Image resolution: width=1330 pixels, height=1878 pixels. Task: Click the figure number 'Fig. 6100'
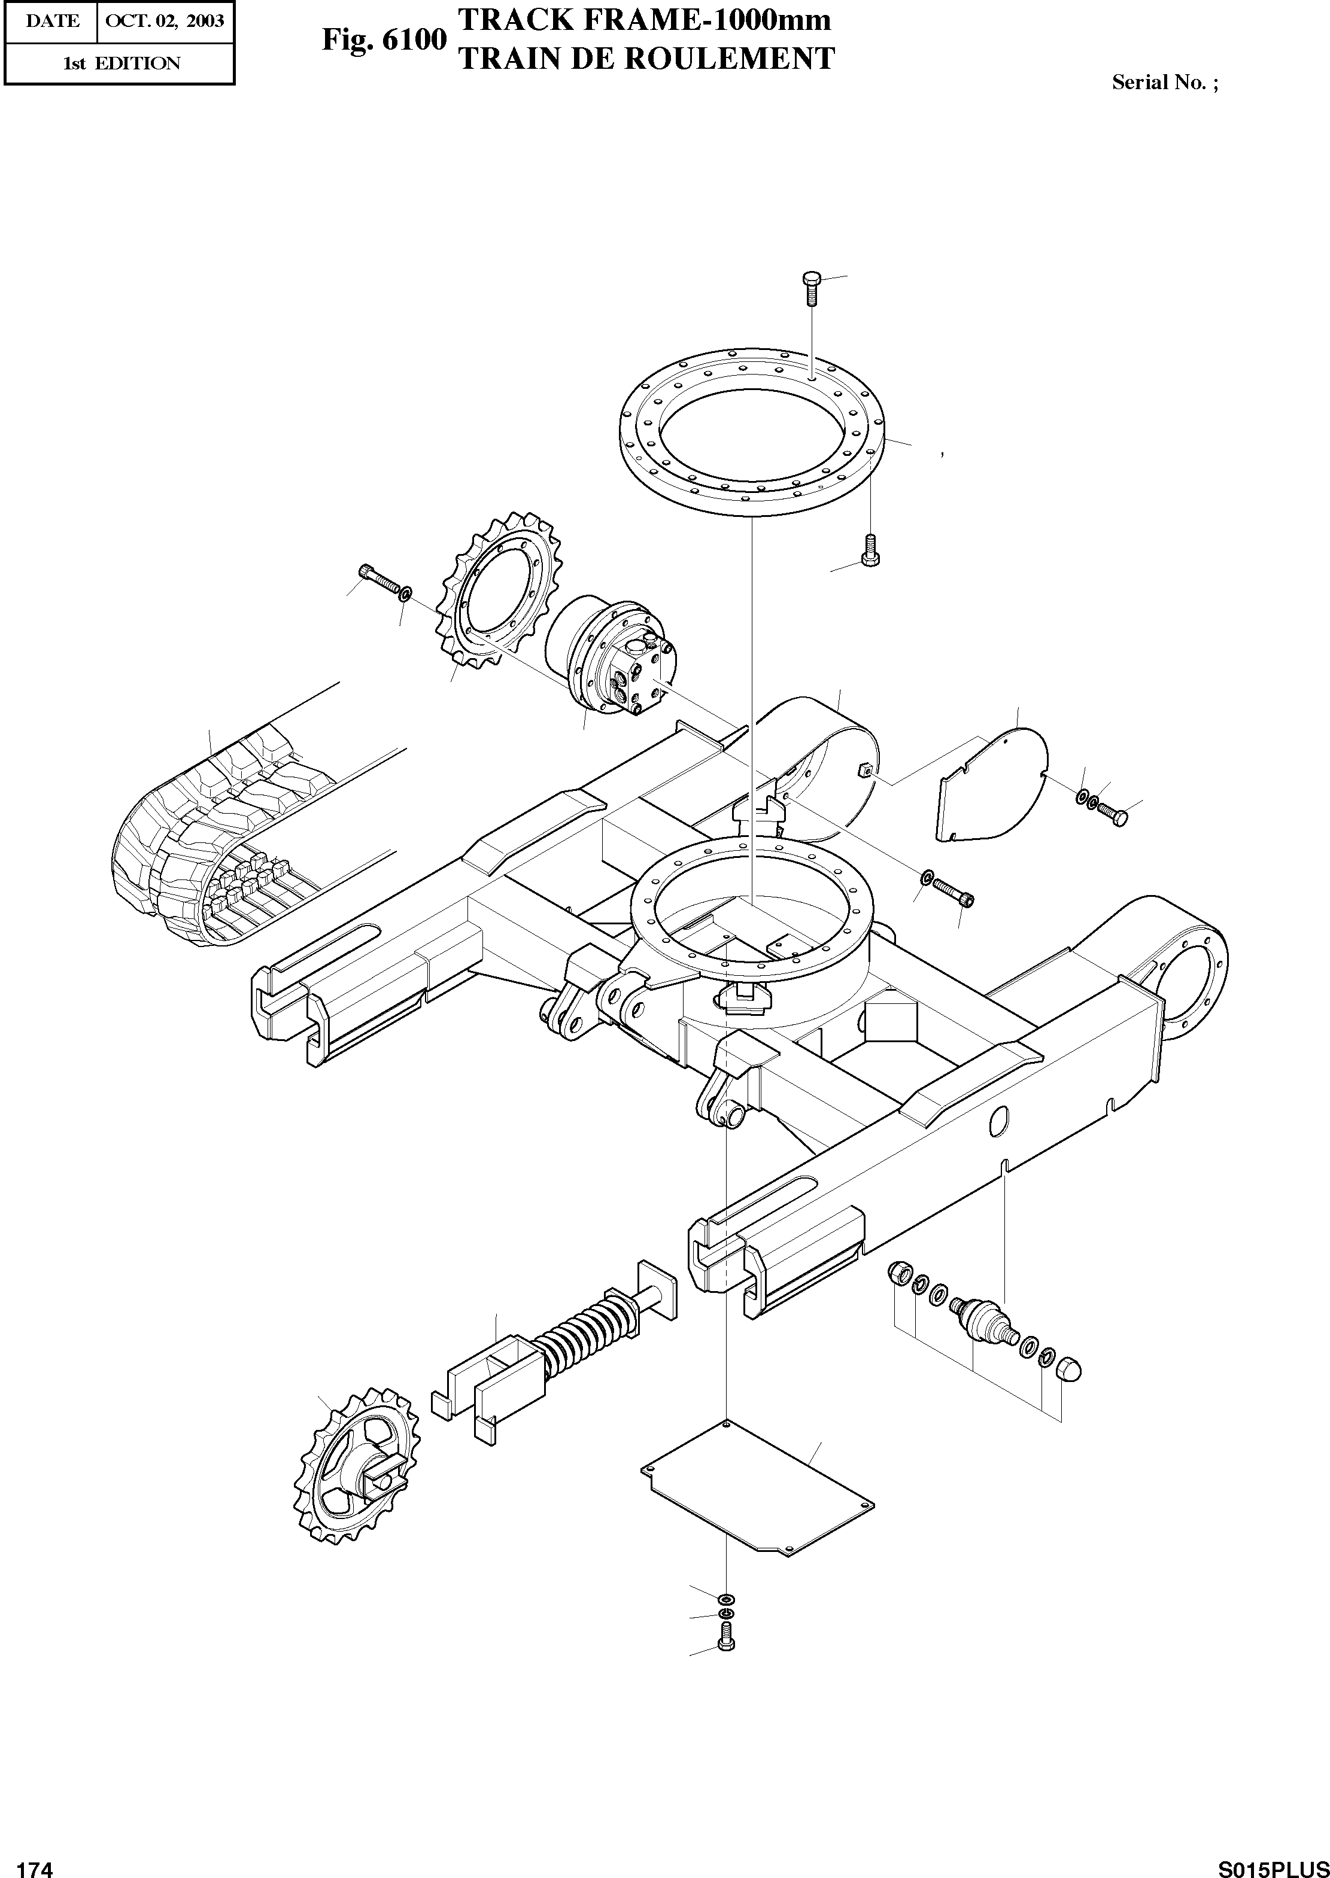click(x=383, y=39)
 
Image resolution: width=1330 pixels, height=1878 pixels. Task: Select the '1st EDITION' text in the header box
click(x=122, y=63)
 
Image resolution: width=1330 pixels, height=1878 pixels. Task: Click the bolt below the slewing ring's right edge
click(x=869, y=549)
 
